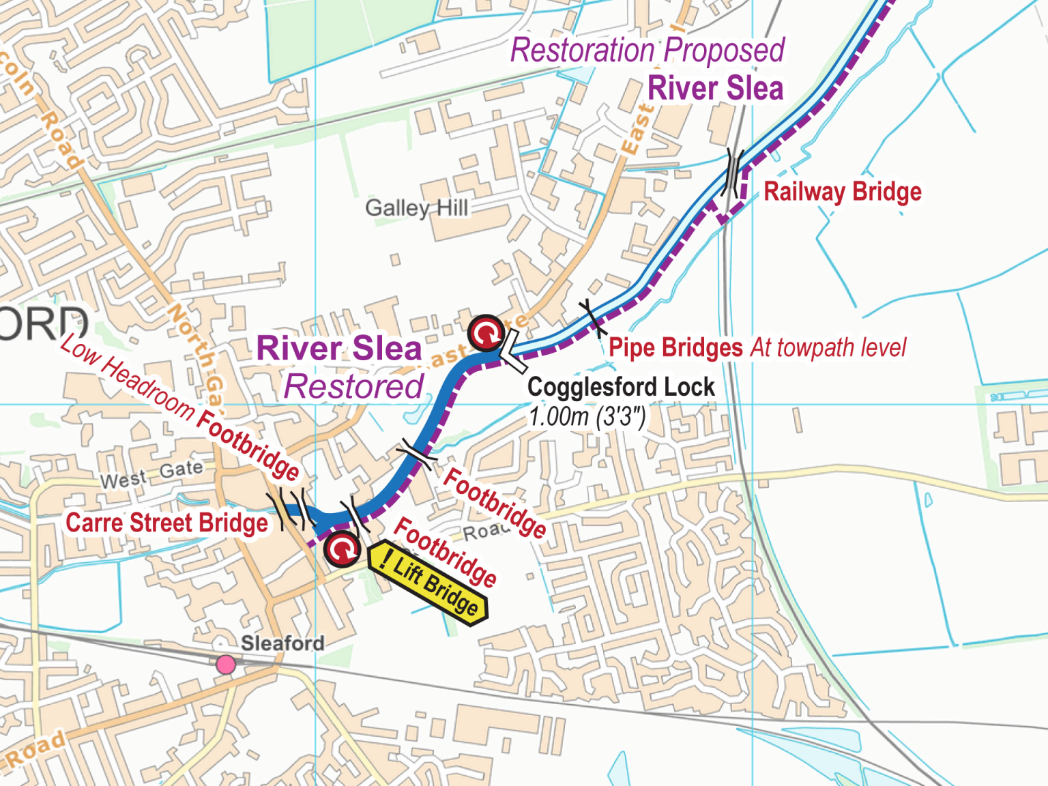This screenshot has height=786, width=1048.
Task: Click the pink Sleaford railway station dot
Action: [x=226, y=664]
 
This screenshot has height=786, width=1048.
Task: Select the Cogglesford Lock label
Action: [x=620, y=387]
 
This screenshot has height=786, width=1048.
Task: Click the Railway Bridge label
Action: [x=842, y=192]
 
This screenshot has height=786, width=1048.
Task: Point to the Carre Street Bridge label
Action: [x=167, y=523]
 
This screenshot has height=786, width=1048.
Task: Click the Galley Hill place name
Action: [x=416, y=207]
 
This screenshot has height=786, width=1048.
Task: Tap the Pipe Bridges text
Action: [x=675, y=347]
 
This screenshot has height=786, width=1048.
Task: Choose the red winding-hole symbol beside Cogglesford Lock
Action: [x=486, y=334]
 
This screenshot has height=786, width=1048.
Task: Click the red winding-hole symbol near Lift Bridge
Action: [x=342, y=549]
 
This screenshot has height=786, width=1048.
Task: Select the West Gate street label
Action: [x=151, y=474]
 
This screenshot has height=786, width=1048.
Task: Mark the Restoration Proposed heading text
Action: [x=647, y=50]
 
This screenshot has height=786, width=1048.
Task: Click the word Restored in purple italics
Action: [x=353, y=387]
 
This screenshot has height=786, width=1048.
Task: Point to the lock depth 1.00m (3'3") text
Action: [x=587, y=416]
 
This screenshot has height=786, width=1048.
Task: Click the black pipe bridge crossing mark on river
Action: [x=592, y=317]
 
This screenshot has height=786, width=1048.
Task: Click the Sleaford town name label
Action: [x=282, y=643]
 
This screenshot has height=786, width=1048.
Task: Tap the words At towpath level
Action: [x=828, y=347]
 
